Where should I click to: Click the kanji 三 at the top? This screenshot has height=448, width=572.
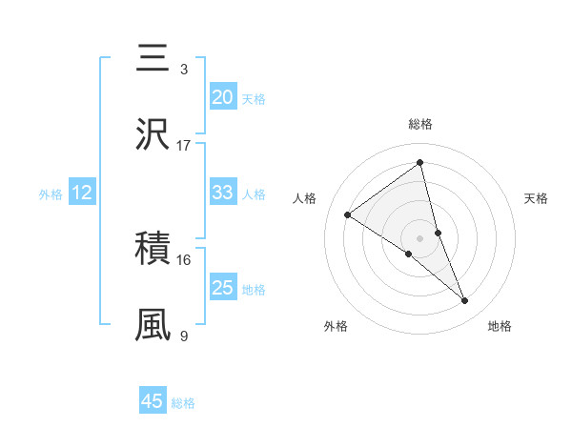tap(153, 59)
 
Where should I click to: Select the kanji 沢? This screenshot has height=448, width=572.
tap(153, 135)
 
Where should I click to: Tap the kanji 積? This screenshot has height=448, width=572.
tap(153, 250)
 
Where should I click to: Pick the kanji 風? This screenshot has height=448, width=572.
tap(153, 325)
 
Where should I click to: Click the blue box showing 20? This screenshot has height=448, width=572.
tap(222, 97)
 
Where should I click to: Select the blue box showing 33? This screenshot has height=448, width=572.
tap(222, 193)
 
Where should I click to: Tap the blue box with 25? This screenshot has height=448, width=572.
tap(222, 288)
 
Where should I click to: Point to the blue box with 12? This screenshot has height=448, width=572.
tap(82, 193)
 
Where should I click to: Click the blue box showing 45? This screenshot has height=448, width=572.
tap(153, 401)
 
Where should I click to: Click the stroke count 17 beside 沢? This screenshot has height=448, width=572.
tap(184, 146)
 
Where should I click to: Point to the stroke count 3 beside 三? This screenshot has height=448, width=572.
tap(184, 70)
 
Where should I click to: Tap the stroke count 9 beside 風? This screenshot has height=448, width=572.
tap(184, 336)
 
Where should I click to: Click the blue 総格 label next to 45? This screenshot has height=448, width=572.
tap(183, 403)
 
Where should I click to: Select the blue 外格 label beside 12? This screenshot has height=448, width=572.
tap(51, 194)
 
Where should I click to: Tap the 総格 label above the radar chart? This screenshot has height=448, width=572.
tap(420, 124)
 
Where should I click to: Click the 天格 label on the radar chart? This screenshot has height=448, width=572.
tap(537, 198)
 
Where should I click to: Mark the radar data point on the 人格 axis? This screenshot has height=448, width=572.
tap(348, 214)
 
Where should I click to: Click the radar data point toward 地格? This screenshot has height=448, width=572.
tap(465, 301)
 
